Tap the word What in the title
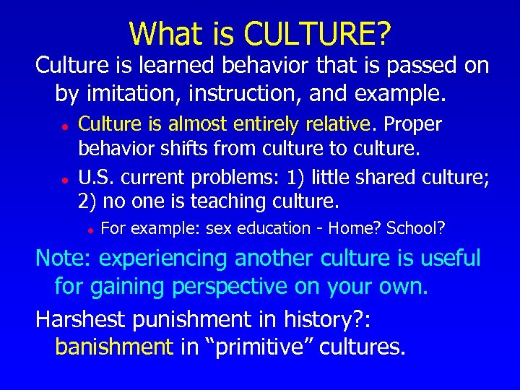click(x=158, y=33)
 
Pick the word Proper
click(x=412, y=123)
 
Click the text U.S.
click(x=97, y=176)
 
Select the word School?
click(x=416, y=229)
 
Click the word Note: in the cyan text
click(x=64, y=258)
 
